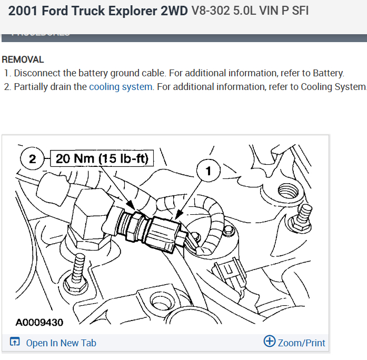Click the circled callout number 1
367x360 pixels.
(x=210, y=171)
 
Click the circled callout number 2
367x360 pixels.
(x=33, y=158)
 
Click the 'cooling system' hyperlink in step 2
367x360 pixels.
(x=121, y=87)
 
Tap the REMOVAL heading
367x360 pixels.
(x=23, y=60)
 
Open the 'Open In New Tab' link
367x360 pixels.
(x=61, y=343)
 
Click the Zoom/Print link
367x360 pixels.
(x=301, y=343)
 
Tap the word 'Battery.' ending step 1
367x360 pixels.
(x=329, y=73)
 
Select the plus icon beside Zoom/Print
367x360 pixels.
(x=269, y=342)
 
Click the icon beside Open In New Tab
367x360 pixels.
(x=15, y=343)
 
